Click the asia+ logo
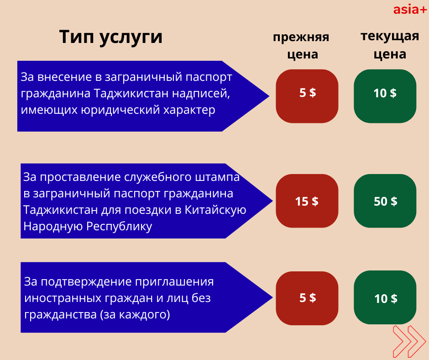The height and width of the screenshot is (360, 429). [410, 10]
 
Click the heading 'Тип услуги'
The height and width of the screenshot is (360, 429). [111, 37]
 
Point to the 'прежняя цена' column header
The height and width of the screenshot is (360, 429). [301, 46]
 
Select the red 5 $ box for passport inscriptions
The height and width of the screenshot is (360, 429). [307, 96]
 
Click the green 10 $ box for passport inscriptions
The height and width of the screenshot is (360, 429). [385, 96]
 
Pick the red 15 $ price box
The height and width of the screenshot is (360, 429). [307, 201]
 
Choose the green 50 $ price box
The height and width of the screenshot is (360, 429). [385, 201]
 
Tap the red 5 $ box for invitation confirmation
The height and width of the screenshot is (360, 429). [307, 298]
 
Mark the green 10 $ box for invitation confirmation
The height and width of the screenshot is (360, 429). [385, 297]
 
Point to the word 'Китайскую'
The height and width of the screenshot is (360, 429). [215, 210]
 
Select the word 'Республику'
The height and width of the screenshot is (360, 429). [119, 227]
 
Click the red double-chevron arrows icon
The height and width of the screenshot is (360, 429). [409, 342]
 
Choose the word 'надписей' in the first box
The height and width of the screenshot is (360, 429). [201, 94]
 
